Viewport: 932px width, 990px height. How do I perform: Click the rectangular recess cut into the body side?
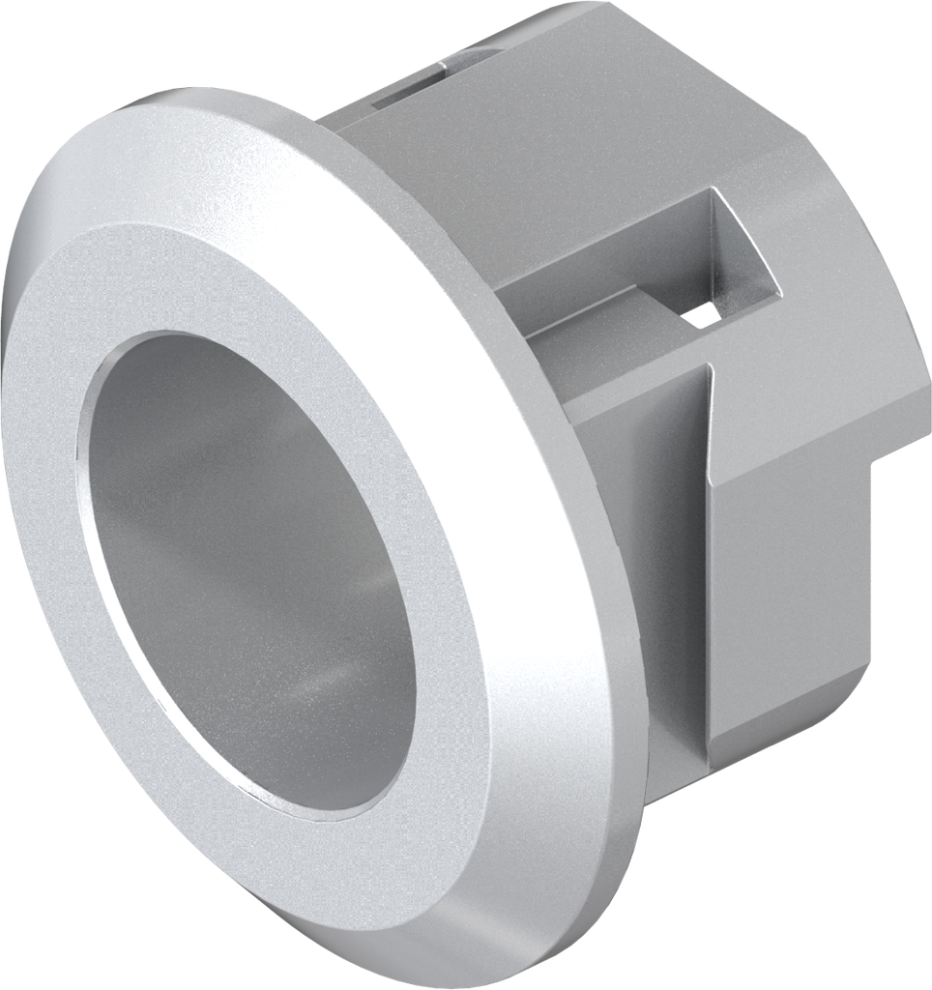pyautogui.click(x=735, y=251)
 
